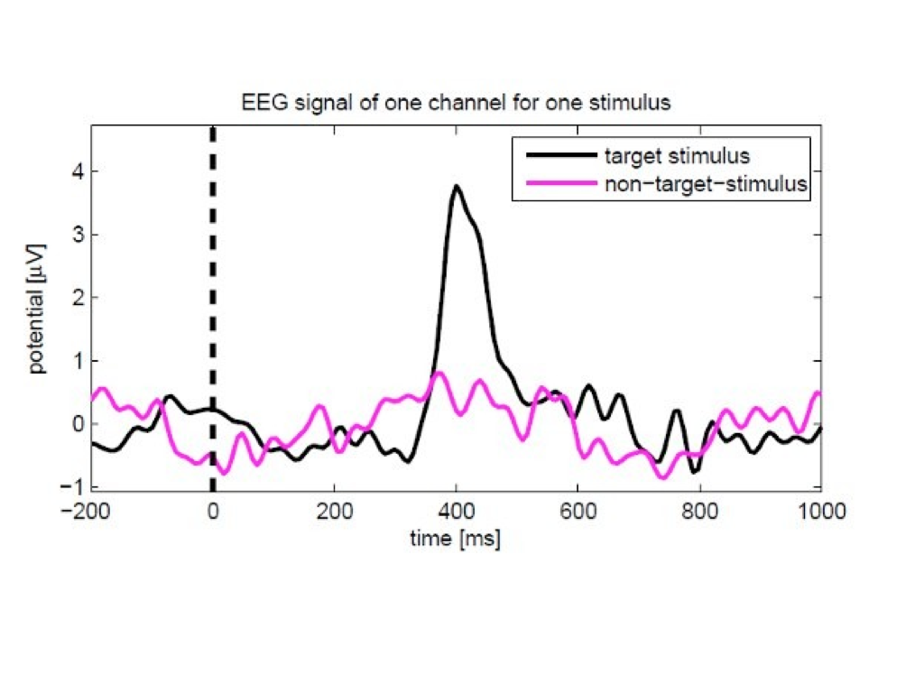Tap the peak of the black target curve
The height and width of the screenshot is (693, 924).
[457, 187]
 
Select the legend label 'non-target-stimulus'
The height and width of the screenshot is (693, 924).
[705, 183]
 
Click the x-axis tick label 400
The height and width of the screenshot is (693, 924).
[456, 512]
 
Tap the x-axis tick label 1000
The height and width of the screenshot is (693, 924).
[820, 512]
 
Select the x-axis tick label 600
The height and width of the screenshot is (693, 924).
[577, 512]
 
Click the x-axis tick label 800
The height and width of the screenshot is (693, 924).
[699, 512]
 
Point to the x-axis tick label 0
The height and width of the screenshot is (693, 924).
[213, 512]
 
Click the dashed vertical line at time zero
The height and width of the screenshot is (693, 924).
[213, 271]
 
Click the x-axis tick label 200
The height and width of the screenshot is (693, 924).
[334, 512]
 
